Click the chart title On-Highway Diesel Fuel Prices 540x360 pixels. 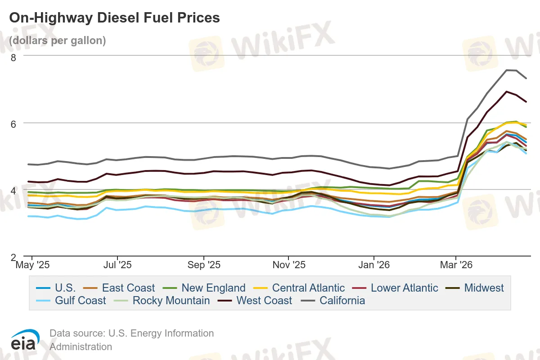(115, 18)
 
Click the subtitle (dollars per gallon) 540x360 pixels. (58, 40)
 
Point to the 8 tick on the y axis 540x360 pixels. (13, 57)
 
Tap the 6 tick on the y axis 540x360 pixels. (13, 123)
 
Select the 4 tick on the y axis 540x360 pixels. (13, 190)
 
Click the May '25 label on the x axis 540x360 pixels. (32, 265)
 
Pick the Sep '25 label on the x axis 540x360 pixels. (204, 265)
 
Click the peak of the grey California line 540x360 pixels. (507, 70)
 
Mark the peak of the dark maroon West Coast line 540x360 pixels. (507, 91)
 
